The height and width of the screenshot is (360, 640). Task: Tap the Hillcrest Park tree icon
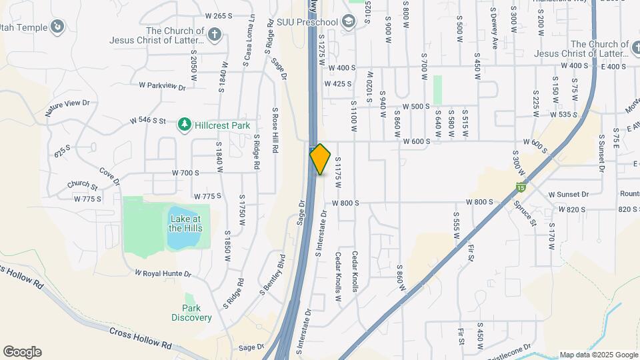click(185, 125)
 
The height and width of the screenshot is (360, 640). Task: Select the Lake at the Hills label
click(185, 223)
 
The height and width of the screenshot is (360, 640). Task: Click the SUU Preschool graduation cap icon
click(348, 22)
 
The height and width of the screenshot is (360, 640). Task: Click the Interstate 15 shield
click(520, 189)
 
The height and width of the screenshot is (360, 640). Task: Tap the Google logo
click(22, 352)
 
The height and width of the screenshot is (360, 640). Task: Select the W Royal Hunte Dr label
click(163, 273)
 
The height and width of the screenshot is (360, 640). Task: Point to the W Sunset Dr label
click(569, 194)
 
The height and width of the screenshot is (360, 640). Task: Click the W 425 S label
click(338, 84)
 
